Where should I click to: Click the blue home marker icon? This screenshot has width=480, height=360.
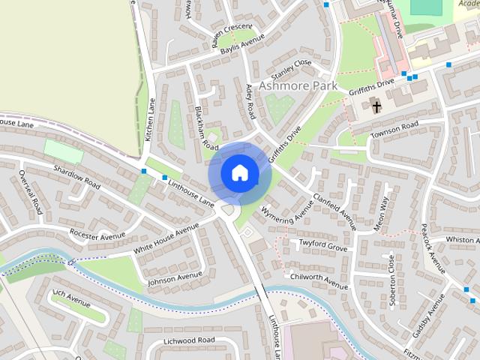(x=238, y=172)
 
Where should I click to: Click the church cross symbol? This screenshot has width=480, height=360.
(x=376, y=107)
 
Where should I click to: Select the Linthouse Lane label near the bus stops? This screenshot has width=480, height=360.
(x=191, y=191)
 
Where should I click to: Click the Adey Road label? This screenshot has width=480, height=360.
(x=250, y=101)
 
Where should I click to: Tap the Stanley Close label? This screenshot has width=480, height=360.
(x=291, y=70)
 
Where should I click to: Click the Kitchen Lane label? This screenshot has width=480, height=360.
(x=150, y=119)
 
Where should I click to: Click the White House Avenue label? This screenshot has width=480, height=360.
(x=166, y=237)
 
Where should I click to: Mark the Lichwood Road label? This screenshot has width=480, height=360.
(x=189, y=340)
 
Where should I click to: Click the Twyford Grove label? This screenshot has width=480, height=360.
(x=323, y=247)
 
